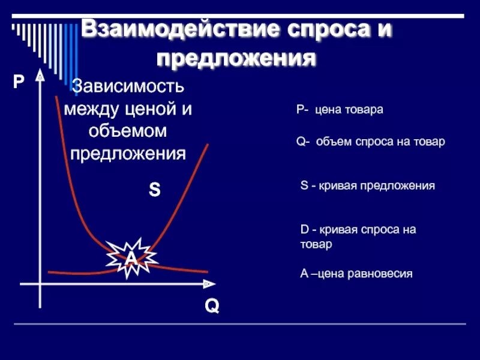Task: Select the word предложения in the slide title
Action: [x=236, y=59]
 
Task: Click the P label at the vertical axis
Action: [x=19, y=82]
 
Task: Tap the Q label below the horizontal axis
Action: [x=211, y=307]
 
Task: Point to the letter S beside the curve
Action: [x=154, y=191]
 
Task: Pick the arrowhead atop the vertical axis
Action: [x=40, y=77]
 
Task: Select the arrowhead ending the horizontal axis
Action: [x=208, y=283]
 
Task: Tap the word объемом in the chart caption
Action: [x=128, y=131]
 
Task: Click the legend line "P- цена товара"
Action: [x=340, y=110]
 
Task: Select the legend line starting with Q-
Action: [x=371, y=142]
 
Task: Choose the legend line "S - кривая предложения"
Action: [x=367, y=186]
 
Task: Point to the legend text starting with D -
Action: [x=358, y=237]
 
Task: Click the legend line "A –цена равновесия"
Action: [x=356, y=274]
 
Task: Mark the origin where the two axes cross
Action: [x=40, y=283]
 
